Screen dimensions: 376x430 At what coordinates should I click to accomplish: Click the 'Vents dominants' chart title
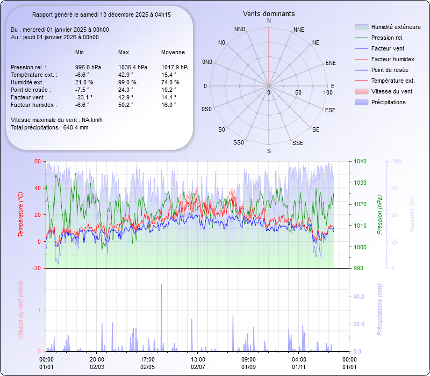point(269,13)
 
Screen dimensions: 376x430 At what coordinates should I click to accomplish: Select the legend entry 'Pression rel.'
point(387,38)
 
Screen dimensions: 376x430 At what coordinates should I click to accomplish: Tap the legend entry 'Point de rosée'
point(389,70)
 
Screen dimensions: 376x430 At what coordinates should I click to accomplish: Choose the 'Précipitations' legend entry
point(388,102)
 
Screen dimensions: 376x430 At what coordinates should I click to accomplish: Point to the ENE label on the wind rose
point(331,63)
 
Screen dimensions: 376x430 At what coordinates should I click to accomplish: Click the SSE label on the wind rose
point(297,143)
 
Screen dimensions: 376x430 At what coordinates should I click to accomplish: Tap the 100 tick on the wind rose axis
point(328,93)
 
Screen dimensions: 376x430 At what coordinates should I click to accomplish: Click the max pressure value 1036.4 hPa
point(132,67)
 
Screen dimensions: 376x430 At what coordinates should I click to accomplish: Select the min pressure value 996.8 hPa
point(88,67)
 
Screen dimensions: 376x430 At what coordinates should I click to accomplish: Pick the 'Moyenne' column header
point(173,52)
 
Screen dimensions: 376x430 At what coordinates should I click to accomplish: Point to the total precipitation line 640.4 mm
point(49,127)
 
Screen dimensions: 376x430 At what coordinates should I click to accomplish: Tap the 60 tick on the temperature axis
point(38,161)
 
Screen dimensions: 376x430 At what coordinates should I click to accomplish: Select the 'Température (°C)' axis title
point(21,215)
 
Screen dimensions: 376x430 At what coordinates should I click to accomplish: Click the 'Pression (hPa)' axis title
point(379,215)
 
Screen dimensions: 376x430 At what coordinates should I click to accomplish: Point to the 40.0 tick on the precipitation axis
point(358,297)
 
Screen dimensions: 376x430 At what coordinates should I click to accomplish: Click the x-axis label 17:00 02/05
point(148,363)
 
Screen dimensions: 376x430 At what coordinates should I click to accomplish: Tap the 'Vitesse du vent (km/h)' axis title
point(21,310)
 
